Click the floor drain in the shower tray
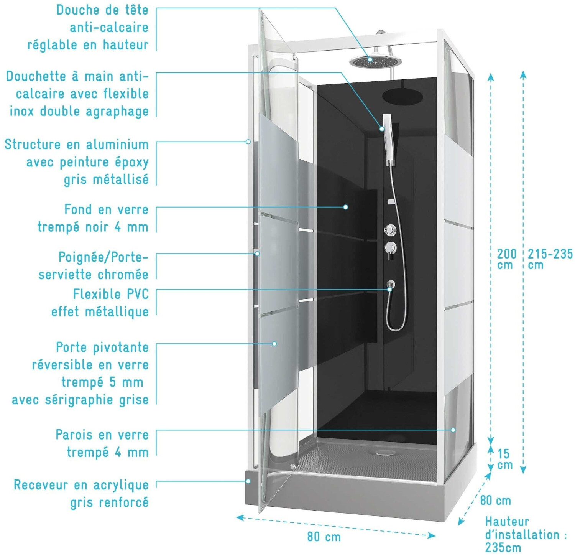click(x=381, y=453)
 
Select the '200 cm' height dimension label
click(x=506, y=259)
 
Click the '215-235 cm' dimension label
click(x=550, y=259)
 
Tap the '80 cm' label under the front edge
click(x=324, y=537)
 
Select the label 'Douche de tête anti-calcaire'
click(x=88, y=27)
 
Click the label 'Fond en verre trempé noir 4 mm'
click(x=93, y=218)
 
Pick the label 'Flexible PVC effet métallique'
click(x=100, y=303)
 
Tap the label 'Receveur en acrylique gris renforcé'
click(x=81, y=493)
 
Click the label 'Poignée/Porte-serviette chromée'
click(x=93, y=265)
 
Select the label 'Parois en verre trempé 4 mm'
click(x=102, y=443)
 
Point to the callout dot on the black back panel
click(x=345, y=207)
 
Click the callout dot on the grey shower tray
click(x=248, y=481)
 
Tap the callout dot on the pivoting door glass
click(x=274, y=344)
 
